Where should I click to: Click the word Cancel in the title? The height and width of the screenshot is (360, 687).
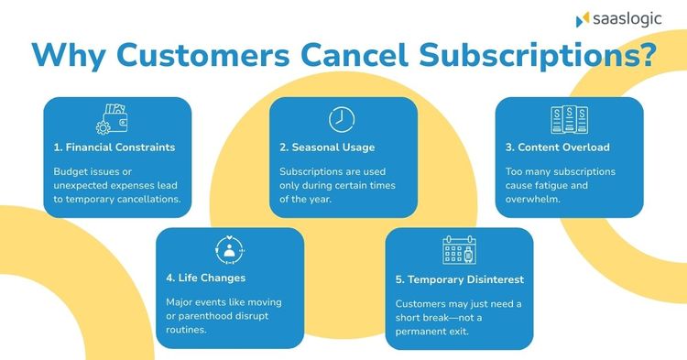tap(354, 55)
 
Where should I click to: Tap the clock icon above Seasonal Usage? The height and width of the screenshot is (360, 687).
tap(342, 119)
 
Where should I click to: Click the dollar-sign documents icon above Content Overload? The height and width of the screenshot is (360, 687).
tap(569, 119)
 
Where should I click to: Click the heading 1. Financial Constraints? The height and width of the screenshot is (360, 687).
tap(114, 147)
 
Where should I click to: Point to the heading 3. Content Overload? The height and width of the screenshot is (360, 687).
tap(557, 147)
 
